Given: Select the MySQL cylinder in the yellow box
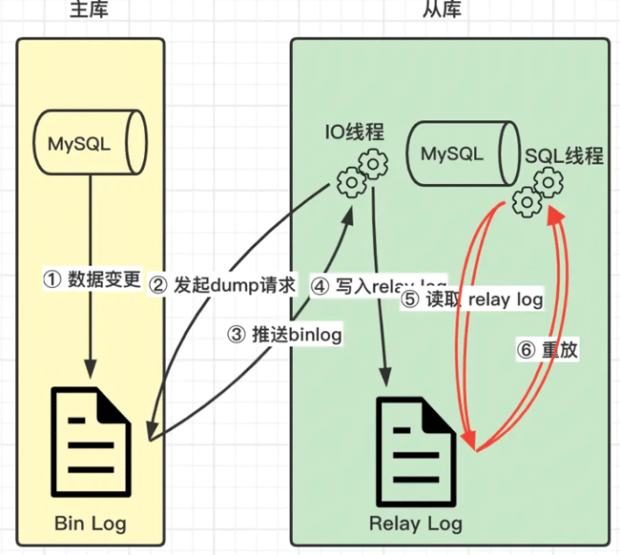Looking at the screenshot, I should coord(91,144).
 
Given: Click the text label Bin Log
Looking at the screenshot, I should coord(90,524).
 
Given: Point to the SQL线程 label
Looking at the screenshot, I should coord(564,155).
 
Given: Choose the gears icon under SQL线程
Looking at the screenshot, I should coord(535,191).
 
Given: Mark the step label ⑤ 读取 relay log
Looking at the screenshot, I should coord(472,299).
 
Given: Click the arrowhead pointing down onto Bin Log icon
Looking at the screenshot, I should coord(92,368).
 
